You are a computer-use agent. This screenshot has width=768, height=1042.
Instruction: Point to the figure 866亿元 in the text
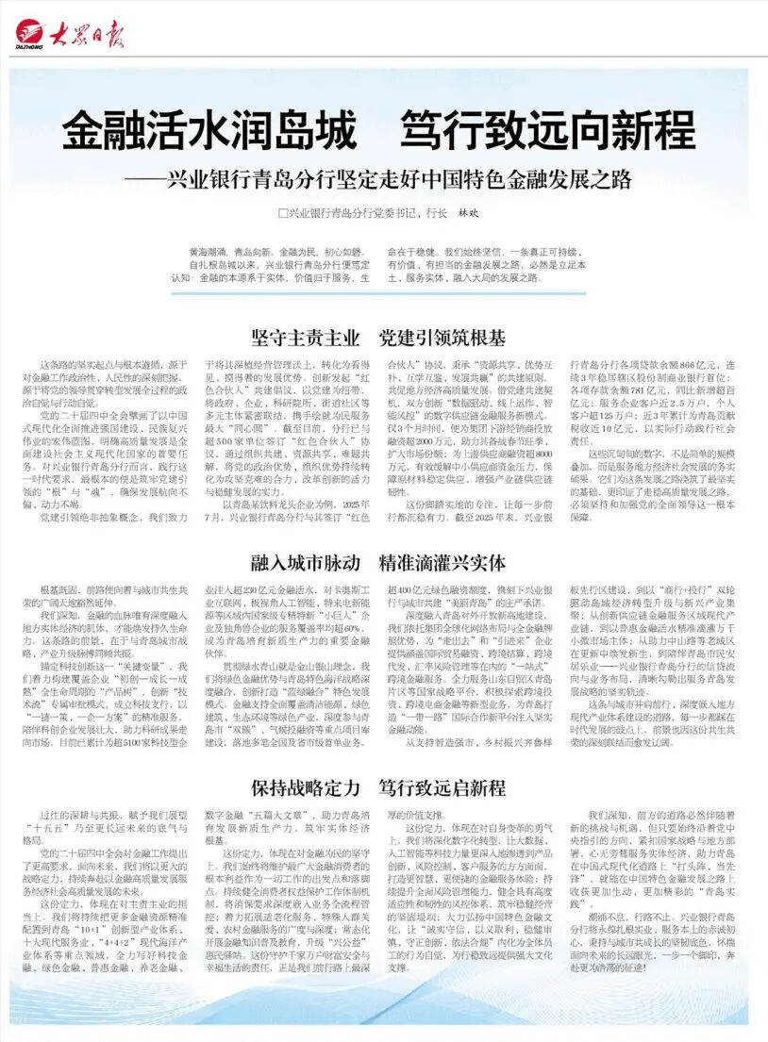pyautogui.click(x=698, y=364)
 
